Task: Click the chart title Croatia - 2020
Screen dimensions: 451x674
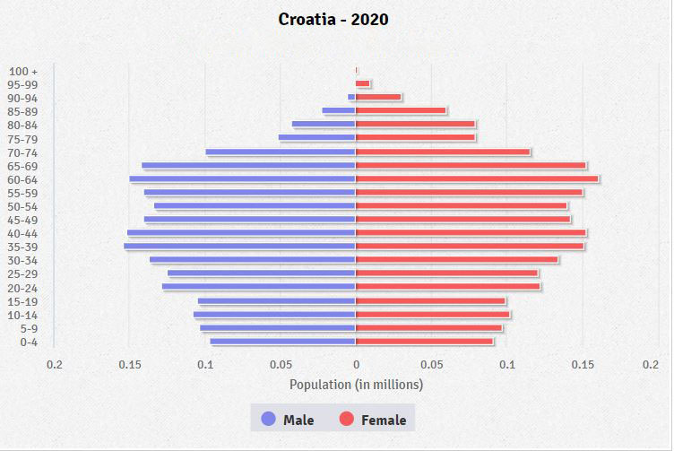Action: click(333, 19)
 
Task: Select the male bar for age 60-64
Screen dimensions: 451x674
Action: click(243, 178)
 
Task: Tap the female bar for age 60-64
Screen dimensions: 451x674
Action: click(477, 178)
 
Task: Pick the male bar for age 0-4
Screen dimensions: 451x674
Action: click(283, 342)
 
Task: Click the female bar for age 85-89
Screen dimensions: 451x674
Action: click(401, 111)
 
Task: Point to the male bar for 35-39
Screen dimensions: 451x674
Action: click(240, 247)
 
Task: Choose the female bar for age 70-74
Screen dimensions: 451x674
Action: click(443, 152)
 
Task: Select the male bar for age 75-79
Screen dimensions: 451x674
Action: click(317, 138)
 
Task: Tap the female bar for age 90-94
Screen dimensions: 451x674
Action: click(378, 98)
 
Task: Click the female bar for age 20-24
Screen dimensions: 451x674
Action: click(448, 287)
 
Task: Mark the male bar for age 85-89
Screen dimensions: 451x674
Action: click(339, 111)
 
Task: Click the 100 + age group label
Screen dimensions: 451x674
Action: click(23, 71)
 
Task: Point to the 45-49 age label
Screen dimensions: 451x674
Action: click(22, 220)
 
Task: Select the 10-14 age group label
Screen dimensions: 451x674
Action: click(22, 315)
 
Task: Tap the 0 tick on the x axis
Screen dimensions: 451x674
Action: click(356, 365)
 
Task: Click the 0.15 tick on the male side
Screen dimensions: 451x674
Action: click(130, 365)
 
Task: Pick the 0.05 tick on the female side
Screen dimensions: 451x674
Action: click(432, 365)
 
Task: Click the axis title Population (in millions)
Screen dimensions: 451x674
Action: click(356, 385)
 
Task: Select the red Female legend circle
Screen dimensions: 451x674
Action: click(346, 419)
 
